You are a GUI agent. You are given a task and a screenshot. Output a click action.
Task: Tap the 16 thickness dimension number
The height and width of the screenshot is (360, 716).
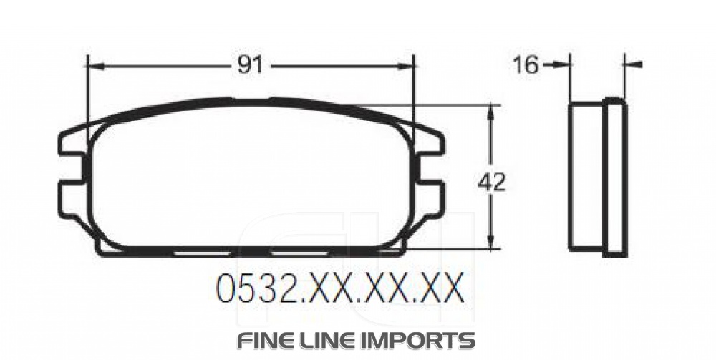[x=525, y=65]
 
